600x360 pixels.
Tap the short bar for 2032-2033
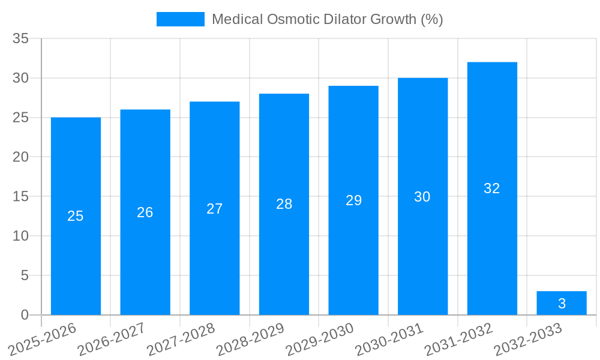pyautogui.click(x=562, y=303)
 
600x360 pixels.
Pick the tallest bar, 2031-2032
pyautogui.click(x=492, y=240)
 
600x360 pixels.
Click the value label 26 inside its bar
pyautogui.click(x=145, y=212)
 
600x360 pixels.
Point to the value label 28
pyautogui.click(x=284, y=204)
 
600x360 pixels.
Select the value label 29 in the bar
pyautogui.click(x=353, y=200)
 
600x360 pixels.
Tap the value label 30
pyautogui.click(x=422, y=197)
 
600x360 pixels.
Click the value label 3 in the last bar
pyautogui.click(x=562, y=304)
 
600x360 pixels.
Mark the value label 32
pyautogui.click(x=492, y=188)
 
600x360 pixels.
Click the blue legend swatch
pyautogui.click(x=180, y=19)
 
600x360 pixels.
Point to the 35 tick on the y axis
pyautogui.click(x=21, y=39)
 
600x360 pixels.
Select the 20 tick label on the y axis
pyautogui.click(x=21, y=157)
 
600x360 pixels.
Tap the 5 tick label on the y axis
pyautogui.click(x=25, y=275)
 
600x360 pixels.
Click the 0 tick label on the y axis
pyautogui.click(x=25, y=315)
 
